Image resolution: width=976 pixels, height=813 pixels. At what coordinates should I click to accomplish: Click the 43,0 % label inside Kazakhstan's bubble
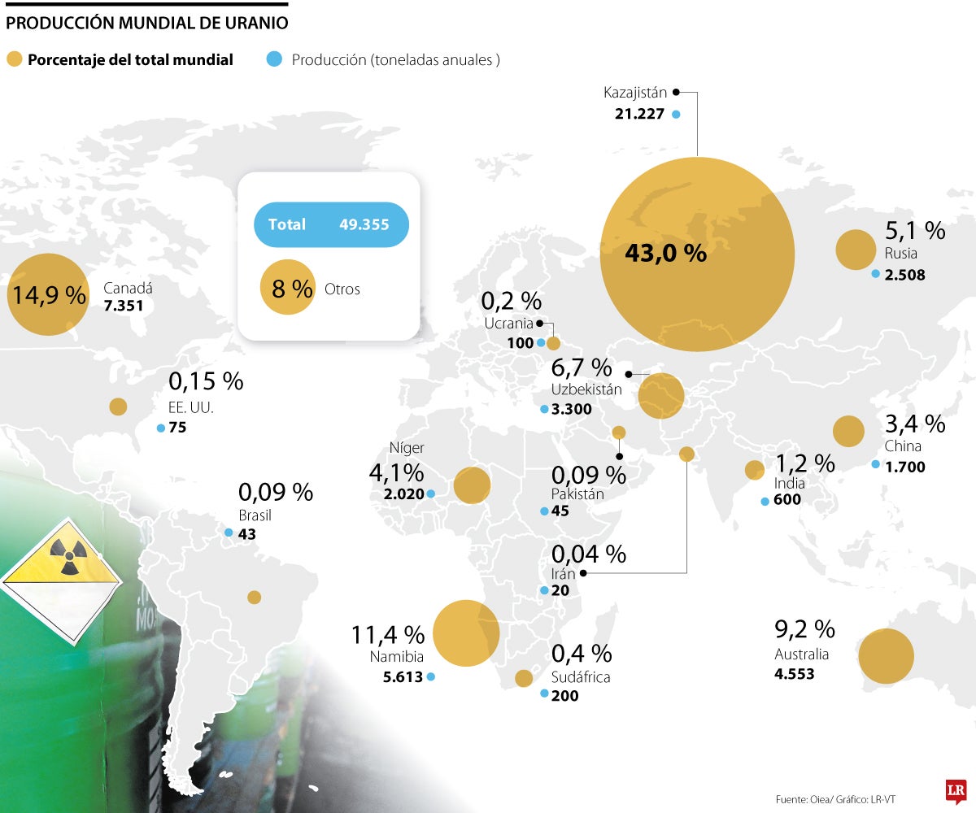665,253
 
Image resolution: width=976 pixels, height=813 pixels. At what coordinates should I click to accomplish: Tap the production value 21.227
640,114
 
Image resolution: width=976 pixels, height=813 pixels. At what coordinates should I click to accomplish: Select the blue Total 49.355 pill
331,224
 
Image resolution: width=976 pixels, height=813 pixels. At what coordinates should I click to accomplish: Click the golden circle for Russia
854,250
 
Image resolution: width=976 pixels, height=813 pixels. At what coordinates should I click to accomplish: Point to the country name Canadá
128,288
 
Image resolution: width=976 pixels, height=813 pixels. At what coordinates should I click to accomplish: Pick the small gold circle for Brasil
255,598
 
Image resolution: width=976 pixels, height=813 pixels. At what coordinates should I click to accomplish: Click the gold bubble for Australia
886,656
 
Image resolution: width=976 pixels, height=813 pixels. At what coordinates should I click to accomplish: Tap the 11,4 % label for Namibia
388,634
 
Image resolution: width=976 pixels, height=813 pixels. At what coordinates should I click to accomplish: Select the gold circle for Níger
472,485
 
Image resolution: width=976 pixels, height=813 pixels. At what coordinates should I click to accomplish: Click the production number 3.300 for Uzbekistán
571,409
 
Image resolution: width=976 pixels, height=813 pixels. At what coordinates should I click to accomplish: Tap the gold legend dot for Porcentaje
14,59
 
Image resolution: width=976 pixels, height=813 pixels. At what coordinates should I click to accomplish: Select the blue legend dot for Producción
274,59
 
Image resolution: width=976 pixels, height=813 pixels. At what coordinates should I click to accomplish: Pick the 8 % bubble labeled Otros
287,288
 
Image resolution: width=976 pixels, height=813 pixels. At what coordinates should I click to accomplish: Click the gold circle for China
847,431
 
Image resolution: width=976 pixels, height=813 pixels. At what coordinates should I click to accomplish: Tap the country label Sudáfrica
581,676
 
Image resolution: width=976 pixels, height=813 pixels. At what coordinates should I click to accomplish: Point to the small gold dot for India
754,469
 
